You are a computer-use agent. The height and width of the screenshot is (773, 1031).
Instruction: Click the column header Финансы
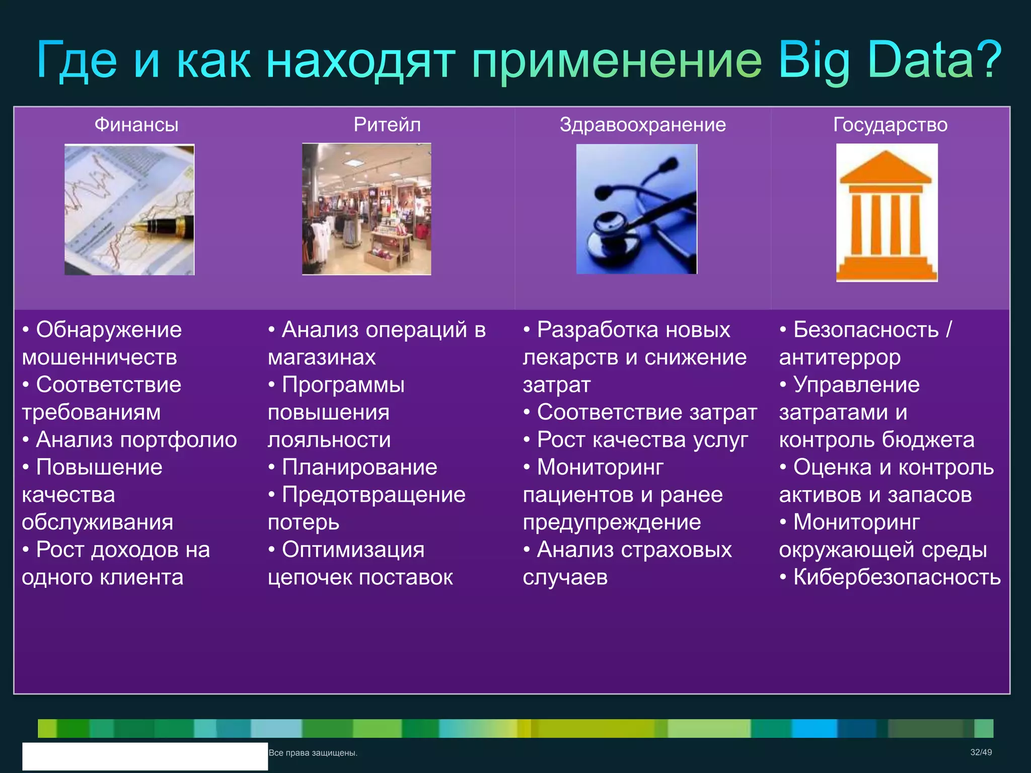(x=136, y=124)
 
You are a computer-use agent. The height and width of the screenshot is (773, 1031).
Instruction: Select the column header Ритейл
(x=387, y=124)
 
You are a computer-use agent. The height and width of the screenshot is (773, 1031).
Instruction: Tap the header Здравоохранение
(x=642, y=124)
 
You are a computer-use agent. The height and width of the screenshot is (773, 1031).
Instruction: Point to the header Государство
(x=890, y=124)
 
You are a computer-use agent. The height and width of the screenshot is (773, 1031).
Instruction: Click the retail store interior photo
(x=366, y=209)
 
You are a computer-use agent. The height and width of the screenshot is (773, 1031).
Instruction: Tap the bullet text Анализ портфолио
(x=136, y=439)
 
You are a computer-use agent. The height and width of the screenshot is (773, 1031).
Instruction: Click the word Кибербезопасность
(x=897, y=577)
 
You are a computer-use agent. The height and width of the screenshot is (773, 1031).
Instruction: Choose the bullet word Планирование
(x=359, y=467)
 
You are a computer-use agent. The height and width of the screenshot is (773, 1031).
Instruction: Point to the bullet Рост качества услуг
(x=642, y=439)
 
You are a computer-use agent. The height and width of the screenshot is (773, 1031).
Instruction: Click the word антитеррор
(x=839, y=357)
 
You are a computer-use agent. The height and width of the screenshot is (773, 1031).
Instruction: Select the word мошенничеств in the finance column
(x=99, y=357)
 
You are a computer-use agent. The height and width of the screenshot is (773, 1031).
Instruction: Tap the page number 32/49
(x=981, y=752)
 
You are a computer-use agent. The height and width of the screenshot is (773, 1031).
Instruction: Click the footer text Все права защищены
(x=313, y=753)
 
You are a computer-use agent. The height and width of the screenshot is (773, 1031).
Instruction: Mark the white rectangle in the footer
(x=145, y=756)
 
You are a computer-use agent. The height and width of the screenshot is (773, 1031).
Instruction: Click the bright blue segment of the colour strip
(x=814, y=728)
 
